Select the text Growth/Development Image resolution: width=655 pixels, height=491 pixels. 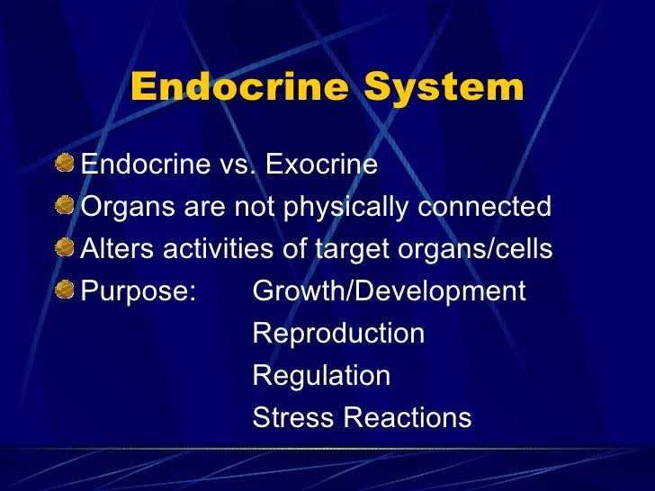(389, 291)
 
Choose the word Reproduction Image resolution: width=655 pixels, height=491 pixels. (338, 334)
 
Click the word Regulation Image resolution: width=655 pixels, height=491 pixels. (321, 375)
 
